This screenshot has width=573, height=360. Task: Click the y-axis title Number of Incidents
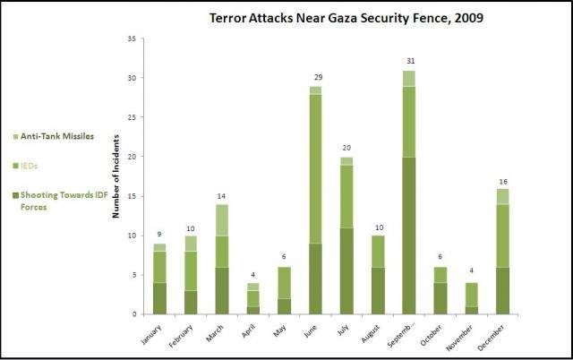coord(116,176)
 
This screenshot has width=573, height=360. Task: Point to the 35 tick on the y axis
coord(132,39)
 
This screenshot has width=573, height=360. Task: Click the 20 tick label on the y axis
coord(132,157)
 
